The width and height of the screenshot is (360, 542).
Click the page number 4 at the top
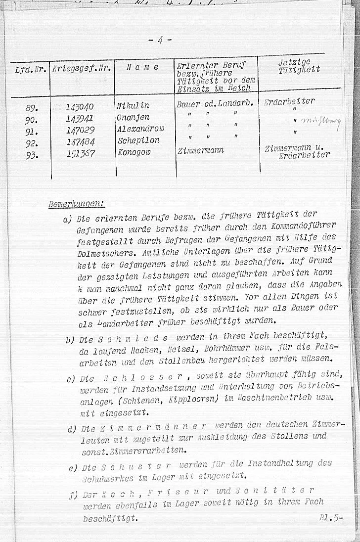[x=159, y=40]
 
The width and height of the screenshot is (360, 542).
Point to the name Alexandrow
[x=140, y=129]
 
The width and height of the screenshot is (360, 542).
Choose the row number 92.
[x=32, y=143]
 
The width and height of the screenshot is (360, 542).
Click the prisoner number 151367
[x=80, y=153]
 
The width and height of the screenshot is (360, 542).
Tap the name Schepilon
[x=138, y=140]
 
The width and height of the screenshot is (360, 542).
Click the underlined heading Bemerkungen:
[x=76, y=203]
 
